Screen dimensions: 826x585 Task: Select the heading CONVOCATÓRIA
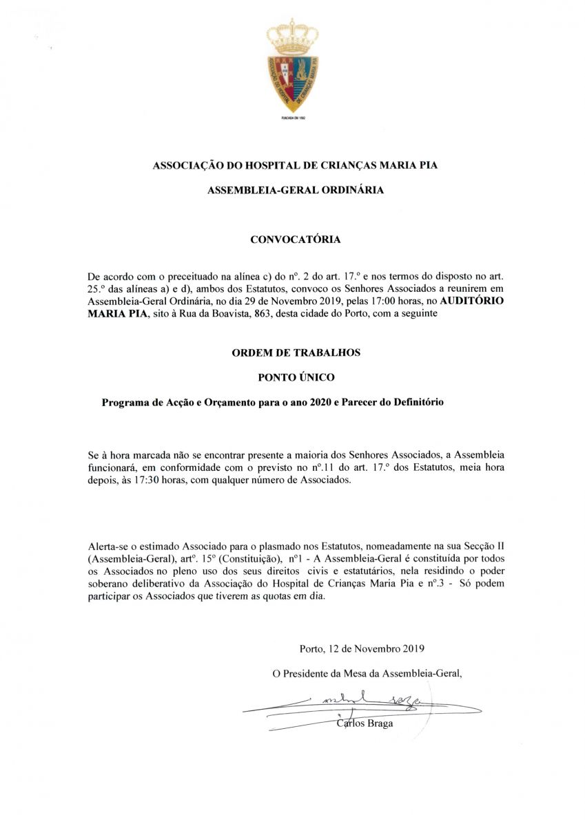295,240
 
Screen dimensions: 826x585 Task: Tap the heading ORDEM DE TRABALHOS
296,352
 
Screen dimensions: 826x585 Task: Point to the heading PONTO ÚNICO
296,377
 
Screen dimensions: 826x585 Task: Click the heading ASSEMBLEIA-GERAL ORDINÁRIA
296,190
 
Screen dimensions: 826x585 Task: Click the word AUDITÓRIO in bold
472,301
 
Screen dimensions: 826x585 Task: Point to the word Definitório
411,402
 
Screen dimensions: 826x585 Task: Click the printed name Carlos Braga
365,723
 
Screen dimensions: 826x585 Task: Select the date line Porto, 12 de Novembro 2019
362,648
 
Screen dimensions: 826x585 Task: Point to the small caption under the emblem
293,118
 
